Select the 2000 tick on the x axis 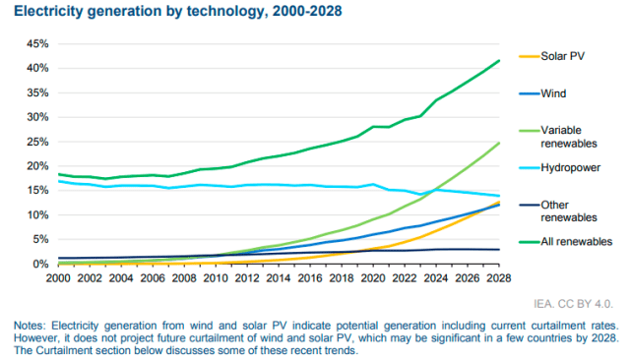click(60, 277)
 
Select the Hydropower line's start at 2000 click(60, 182)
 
